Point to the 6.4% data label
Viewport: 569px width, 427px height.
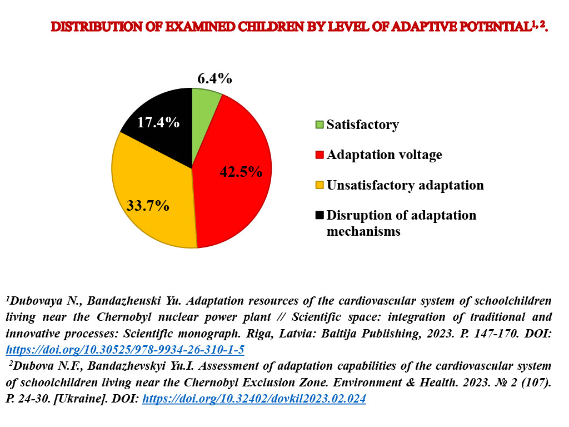click(x=215, y=78)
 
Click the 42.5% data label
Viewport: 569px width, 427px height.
click(x=241, y=171)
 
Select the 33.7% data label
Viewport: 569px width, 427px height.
click(x=148, y=206)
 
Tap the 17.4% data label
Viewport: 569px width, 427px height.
click(x=158, y=122)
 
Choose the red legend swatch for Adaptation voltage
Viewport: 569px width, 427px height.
click(x=320, y=155)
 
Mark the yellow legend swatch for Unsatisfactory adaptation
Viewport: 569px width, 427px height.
click(x=320, y=185)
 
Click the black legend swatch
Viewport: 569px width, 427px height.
click(x=320, y=215)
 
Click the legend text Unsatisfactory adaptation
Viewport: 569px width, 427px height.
click(x=405, y=185)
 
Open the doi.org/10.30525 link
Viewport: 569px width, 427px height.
click(x=125, y=350)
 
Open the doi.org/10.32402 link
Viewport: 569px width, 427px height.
click(x=254, y=399)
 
